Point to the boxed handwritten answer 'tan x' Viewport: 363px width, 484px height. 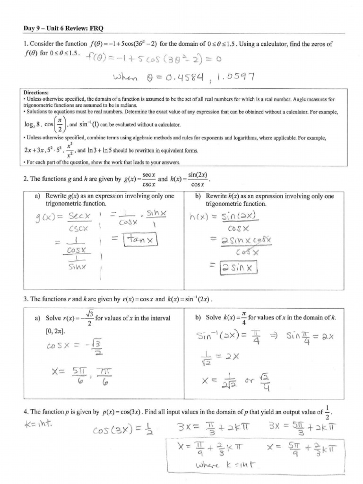point(140,240)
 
